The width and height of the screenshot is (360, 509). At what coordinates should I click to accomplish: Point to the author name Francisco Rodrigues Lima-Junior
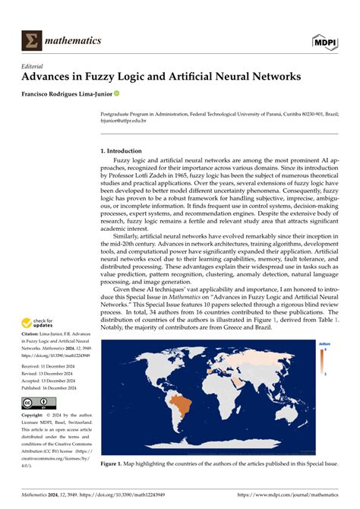(68, 93)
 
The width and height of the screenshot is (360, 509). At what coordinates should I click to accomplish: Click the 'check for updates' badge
(38, 322)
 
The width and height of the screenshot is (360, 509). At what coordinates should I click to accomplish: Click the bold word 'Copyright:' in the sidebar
(33, 416)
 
